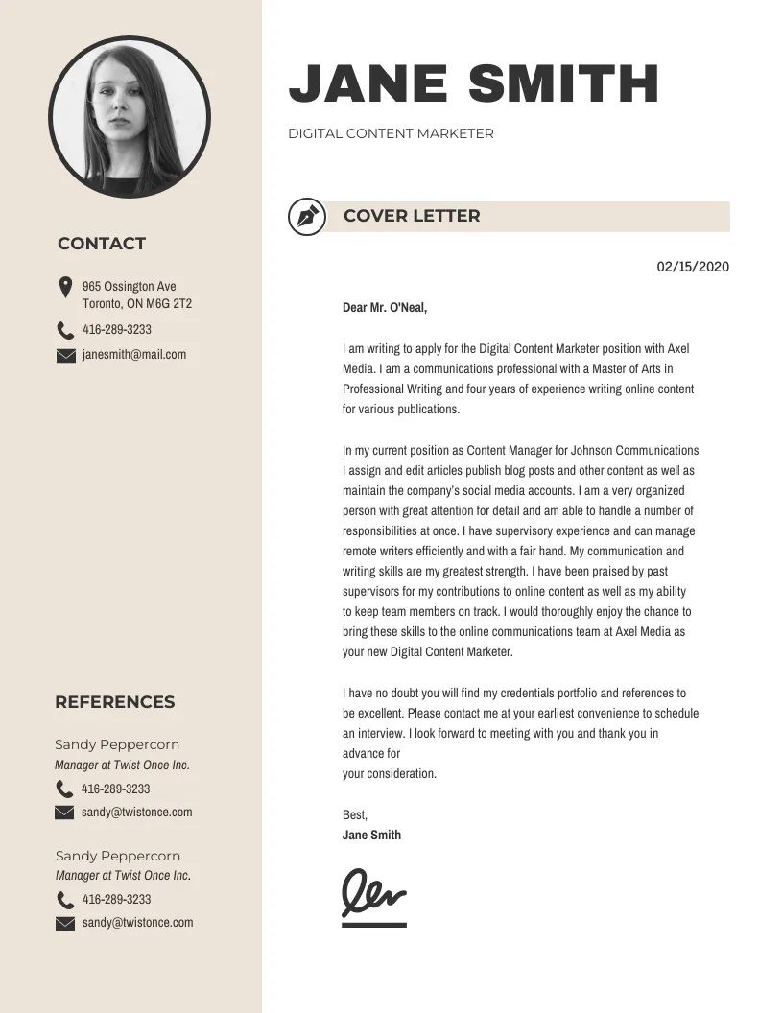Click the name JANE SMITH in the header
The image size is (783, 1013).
click(x=474, y=83)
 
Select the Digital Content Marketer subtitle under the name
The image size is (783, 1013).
click(x=391, y=134)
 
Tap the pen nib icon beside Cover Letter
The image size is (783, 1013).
click(x=307, y=216)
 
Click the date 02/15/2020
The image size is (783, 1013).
click(x=693, y=267)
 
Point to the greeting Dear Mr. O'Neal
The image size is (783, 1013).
click(x=385, y=308)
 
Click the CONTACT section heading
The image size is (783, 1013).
click(x=102, y=244)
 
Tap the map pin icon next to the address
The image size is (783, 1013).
click(x=65, y=287)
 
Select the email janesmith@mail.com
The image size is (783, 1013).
click(x=134, y=355)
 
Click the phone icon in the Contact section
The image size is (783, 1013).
click(x=65, y=331)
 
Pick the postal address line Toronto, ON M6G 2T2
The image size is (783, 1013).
click(x=137, y=304)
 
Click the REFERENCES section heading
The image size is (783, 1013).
click(x=115, y=702)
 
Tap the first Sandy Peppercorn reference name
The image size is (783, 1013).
click(x=117, y=744)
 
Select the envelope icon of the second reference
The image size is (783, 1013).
click(x=65, y=924)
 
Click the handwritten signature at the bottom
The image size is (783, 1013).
click(x=373, y=894)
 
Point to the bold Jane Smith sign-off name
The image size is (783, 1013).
click(x=371, y=835)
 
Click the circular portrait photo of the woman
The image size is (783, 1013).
click(x=129, y=118)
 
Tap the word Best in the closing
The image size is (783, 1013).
click(x=354, y=814)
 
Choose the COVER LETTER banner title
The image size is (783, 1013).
click(x=412, y=216)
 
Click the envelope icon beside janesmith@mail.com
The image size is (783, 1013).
click(x=65, y=356)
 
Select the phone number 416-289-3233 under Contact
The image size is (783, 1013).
click(x=117, y=330)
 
